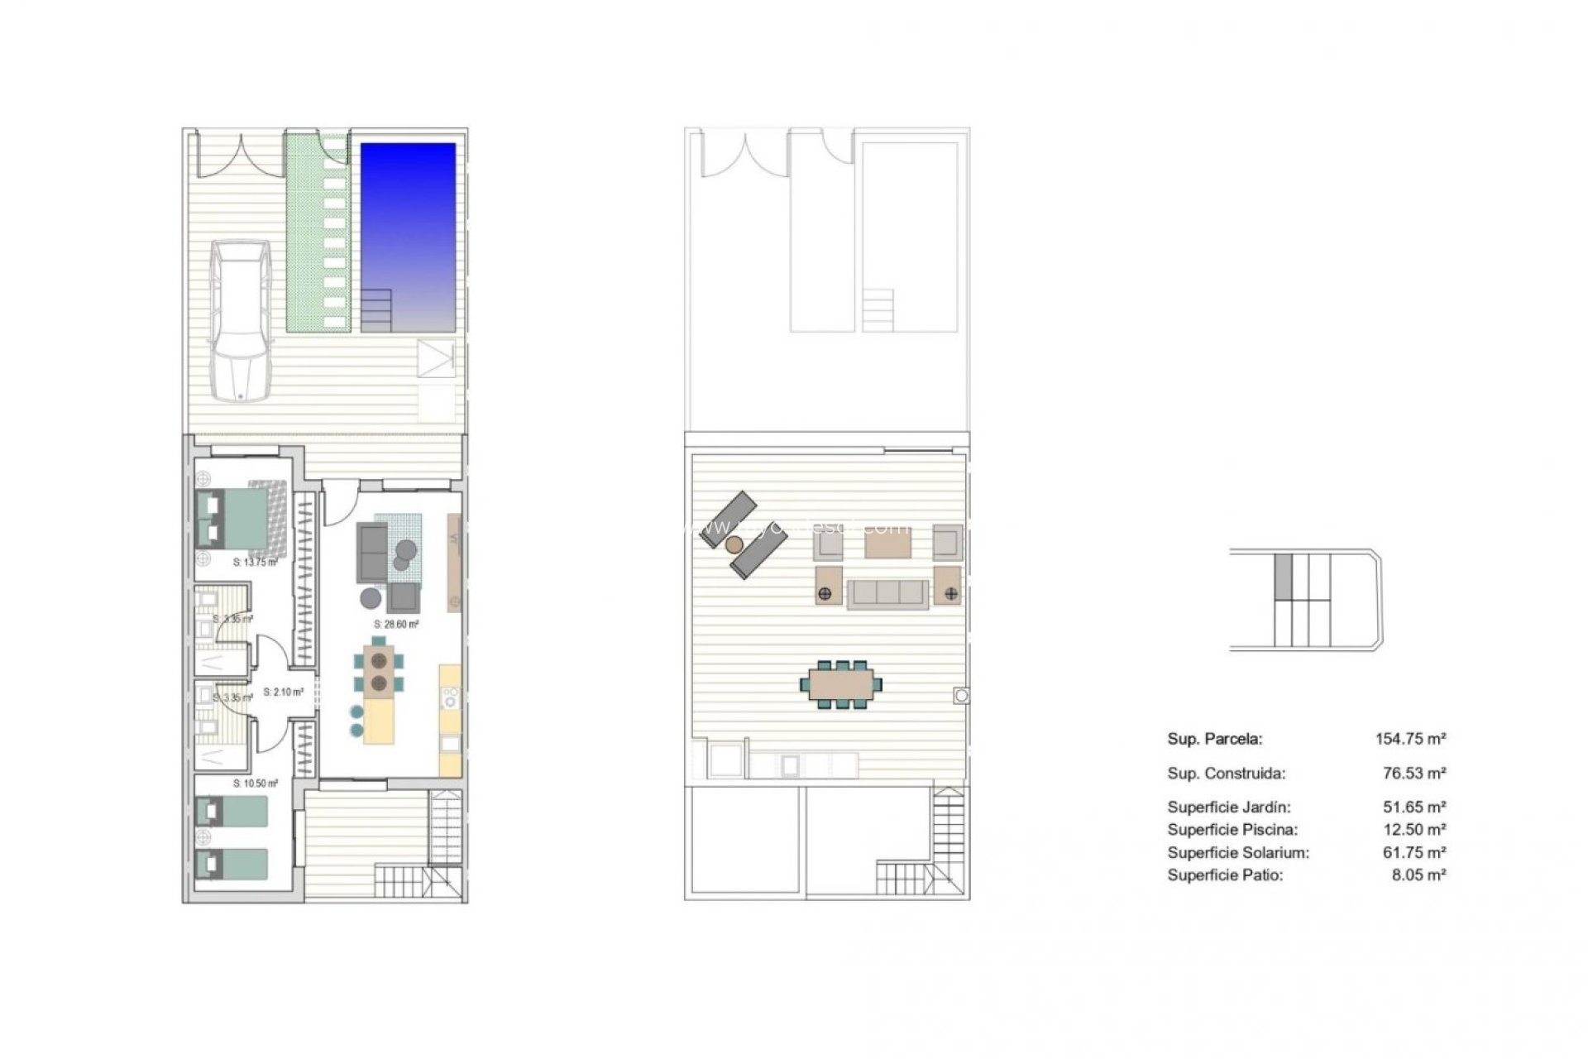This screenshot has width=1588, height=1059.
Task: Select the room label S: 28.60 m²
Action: coord(396,625)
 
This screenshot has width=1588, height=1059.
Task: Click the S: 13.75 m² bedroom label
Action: coord(255,563)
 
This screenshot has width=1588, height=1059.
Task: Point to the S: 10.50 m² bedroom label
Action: coord(255,783)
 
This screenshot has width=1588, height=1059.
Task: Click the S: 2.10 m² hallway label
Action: coord(283,692)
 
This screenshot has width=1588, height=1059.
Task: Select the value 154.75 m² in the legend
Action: coord(1410,739)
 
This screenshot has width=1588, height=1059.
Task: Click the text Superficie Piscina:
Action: coord(1232,830)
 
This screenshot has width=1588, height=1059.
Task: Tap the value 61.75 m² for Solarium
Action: coord(1413,852)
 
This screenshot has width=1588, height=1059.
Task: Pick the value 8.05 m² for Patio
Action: coord(1418,875)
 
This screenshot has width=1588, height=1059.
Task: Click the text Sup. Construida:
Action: coord(1226,774)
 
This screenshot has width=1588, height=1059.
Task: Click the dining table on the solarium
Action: coord(840,684)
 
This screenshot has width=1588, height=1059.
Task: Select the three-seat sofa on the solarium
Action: coord(887,593)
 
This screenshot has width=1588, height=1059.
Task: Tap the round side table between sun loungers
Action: coord(734,544)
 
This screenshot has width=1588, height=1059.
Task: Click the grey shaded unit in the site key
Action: coord(1283,576)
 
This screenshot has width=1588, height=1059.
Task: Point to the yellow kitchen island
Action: coord(380,721)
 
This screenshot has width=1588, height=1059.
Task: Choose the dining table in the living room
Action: coord(380,671)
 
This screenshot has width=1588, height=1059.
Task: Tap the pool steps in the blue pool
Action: coord(376,309)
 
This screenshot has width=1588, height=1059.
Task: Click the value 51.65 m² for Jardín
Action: coord(1413,807)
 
